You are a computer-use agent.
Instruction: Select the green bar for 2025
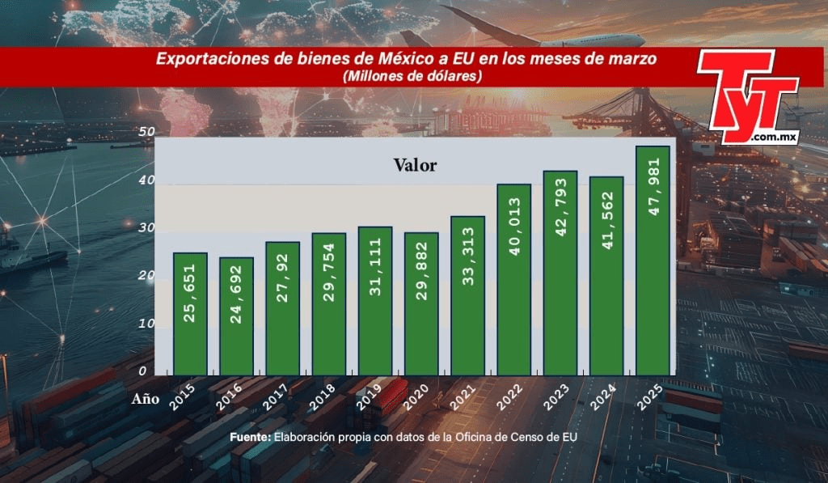tap(653, 261)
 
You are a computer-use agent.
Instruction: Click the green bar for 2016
tap(236, 316)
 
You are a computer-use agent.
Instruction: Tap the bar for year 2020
tap(421, 303)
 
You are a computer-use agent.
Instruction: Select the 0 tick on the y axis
tap(142, 371)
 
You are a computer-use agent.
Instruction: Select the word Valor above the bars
tap(415, 165)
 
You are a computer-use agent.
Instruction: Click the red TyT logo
tap(748, 95)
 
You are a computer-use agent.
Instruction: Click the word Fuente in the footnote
tap(249, 437)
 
